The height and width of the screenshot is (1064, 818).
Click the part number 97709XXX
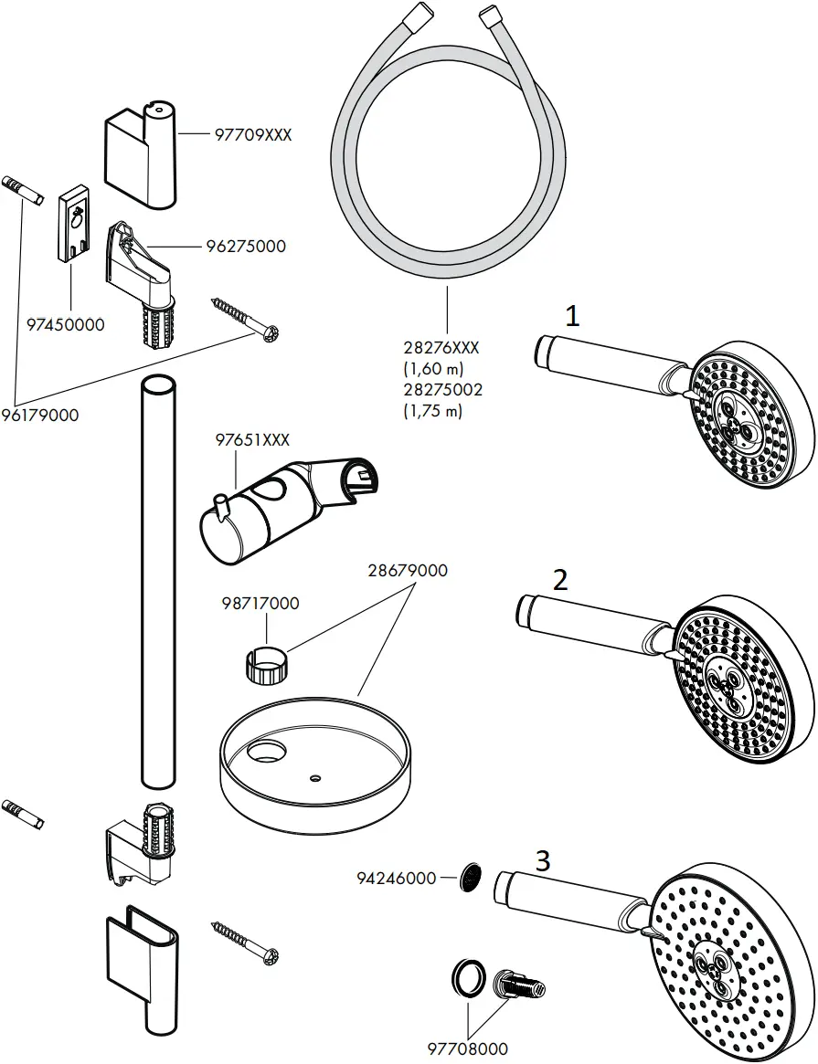[x=252, y=134]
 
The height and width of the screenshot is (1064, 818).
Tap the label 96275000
[x=247, y=246]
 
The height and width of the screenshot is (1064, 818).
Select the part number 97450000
[x=65, y=323]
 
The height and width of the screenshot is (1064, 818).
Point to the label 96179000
[x=39, y=415]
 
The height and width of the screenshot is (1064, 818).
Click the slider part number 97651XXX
[x=252, y=439]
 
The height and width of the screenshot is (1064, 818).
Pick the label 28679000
[x=408, y=571]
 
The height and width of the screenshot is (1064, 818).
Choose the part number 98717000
[x=260, y=604]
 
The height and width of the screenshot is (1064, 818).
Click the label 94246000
[x=396, y=878]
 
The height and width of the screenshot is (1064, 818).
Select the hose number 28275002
[x=443, y=389]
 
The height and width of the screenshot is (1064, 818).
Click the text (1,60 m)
[x=433, y=368]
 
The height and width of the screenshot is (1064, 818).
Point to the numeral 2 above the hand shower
[x=560, y=580]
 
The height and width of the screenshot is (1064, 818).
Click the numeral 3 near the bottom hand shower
[x=543, y=859]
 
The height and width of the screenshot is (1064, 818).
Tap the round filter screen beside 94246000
[x=468, y=878]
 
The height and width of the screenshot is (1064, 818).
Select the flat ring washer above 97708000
[x=466, y=978]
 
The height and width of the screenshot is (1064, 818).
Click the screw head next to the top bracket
[x=271, y=335]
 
